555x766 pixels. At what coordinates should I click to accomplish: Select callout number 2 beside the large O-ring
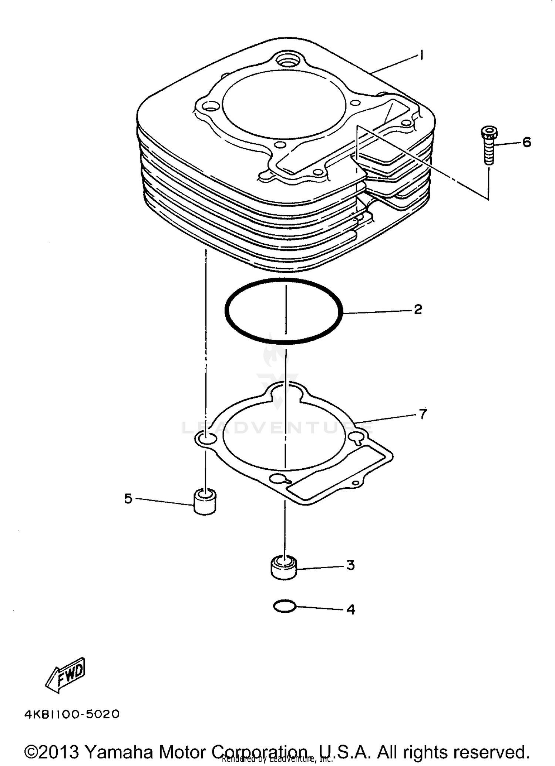418,310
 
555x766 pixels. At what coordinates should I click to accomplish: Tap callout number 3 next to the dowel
350,565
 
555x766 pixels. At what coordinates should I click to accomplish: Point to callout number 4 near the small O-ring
350,609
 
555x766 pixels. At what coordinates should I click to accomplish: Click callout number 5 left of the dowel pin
128,499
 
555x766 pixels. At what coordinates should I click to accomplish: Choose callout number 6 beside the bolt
527,142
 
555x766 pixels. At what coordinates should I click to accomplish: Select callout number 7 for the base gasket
423,414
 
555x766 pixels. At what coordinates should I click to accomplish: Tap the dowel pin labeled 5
205,501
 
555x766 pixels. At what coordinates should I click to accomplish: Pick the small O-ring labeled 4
284,606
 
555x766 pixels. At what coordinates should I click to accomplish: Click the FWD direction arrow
65,675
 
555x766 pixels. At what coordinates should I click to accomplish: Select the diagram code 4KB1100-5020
72,714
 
